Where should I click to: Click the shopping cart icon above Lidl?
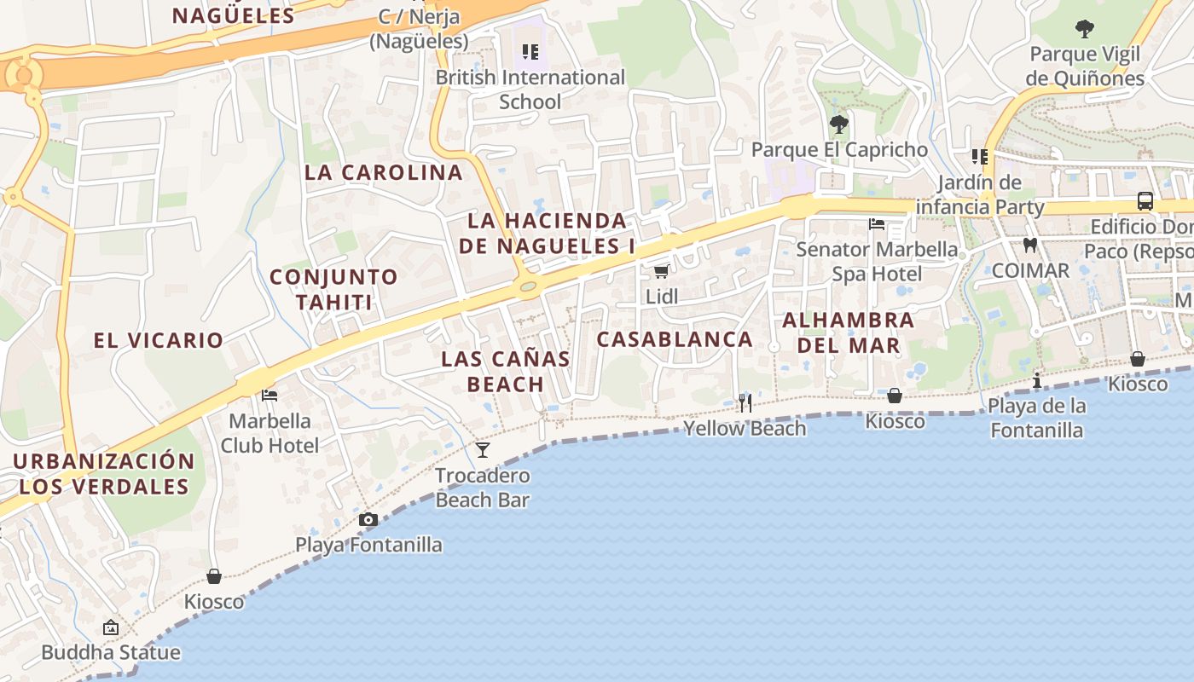660,272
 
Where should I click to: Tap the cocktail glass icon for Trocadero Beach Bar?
483,449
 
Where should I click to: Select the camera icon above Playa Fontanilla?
368,519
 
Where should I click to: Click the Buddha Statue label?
111,652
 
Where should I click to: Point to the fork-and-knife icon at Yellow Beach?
745,402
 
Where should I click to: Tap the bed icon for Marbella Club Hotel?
270,396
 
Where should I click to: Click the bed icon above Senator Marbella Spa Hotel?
876,224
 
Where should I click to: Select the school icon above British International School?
530,52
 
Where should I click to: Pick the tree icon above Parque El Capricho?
839,124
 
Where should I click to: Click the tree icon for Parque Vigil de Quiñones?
1085,30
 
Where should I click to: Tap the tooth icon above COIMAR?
1029,246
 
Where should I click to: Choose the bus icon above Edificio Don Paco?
1145,201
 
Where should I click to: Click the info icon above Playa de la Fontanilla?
1037,380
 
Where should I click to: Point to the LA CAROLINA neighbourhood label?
384,172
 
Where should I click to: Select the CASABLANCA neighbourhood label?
675,339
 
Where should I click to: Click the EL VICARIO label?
159,340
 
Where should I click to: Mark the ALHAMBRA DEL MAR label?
848,332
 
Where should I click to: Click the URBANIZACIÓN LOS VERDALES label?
104,474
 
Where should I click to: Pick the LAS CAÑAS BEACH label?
506,372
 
